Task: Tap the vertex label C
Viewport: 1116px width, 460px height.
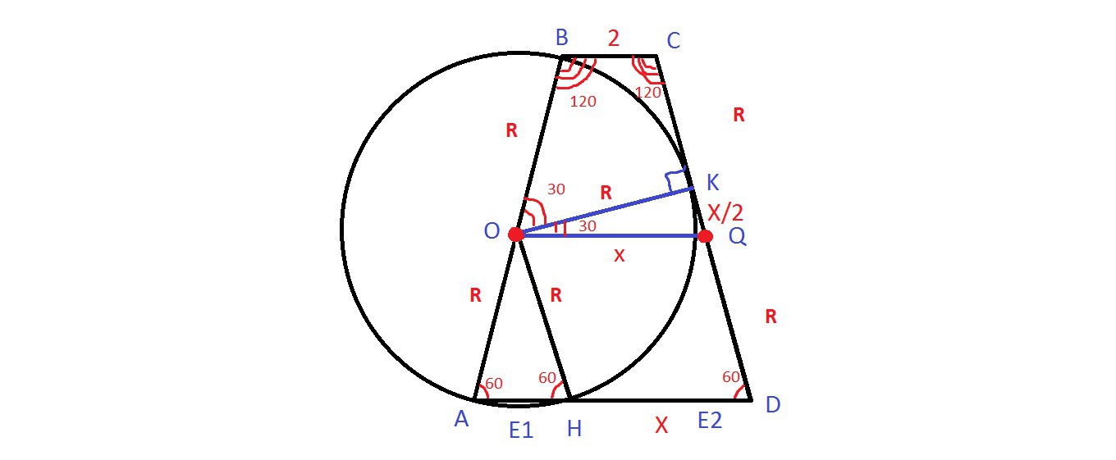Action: tap(674, 40)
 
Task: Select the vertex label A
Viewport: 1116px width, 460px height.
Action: tap(461, 420)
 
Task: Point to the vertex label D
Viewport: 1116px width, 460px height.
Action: tap(772, 405)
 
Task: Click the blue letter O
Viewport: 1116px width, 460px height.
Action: tap(492, 232)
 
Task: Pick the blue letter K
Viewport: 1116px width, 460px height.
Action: tap(712, 183)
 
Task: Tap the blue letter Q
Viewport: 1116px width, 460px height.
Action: tap(736, 237)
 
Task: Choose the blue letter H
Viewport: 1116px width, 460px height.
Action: tap(574, 428)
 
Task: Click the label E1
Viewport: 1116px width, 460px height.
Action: tap(521, 429)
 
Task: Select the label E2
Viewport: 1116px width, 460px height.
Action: tap(710, 421)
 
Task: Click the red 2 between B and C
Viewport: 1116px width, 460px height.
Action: tap(613, 38)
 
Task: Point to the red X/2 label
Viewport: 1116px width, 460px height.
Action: tap(725, 213)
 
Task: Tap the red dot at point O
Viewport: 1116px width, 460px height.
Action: tap(516, 235)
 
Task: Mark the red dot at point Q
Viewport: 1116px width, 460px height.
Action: tap(704, 236)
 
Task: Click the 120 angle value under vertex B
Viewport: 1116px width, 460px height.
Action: tap(583, 102)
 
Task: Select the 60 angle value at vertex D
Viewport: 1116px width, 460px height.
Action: tap(731, 377)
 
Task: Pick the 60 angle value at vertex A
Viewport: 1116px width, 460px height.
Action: tap(494, 383)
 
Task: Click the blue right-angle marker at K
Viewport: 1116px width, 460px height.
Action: tap(677, 180)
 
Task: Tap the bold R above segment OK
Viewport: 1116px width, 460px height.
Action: tap(606, 194)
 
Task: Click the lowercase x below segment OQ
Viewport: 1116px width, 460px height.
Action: tap(619, 256)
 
